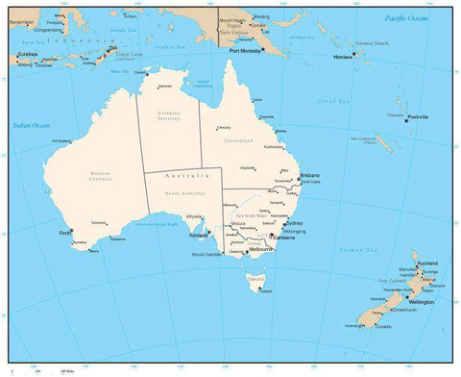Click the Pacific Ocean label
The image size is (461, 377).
point(405,18)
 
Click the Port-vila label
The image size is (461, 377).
point(418,117)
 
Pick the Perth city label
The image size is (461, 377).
point(65,232)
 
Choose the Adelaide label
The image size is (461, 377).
point(200,236)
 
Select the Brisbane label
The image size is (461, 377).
point(309,176)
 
